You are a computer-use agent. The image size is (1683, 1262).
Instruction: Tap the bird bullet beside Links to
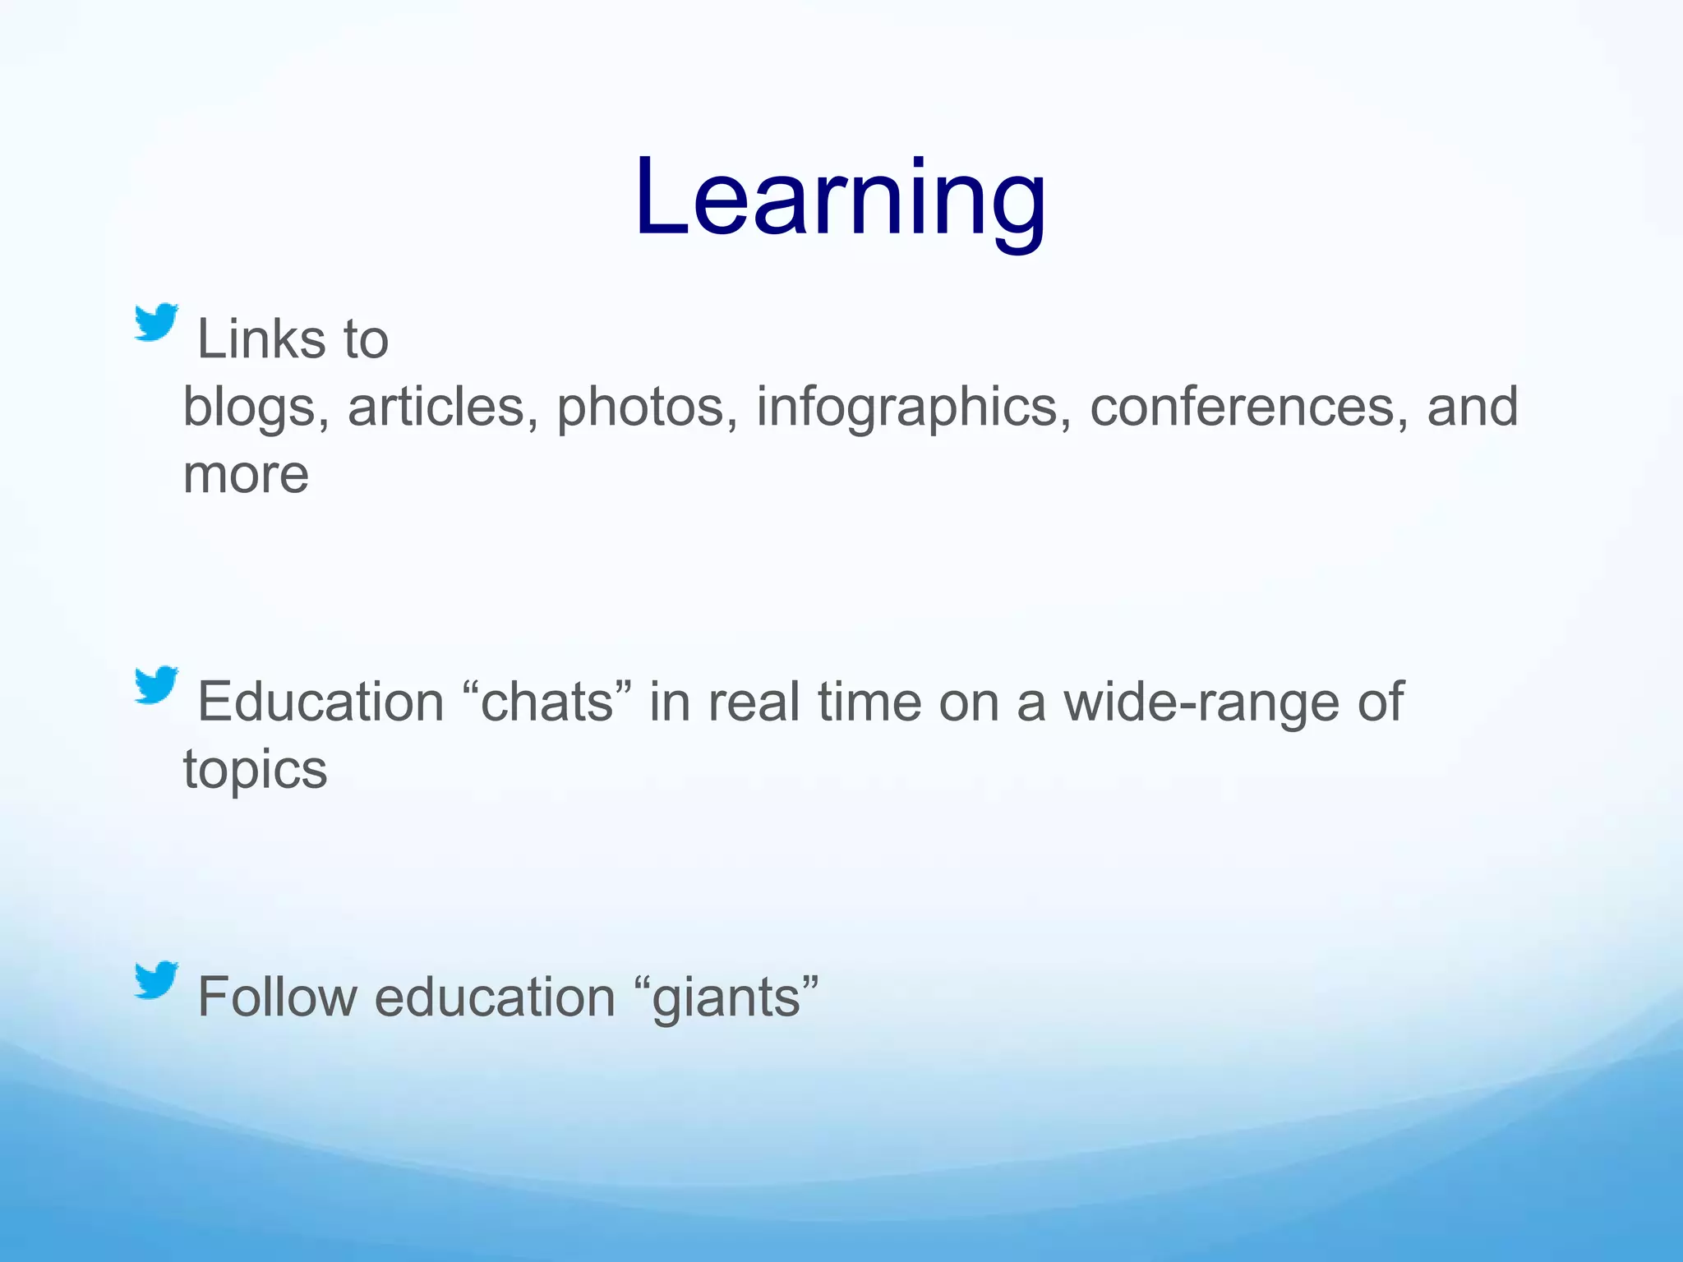156,322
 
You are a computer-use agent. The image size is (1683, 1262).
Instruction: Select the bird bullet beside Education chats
156,684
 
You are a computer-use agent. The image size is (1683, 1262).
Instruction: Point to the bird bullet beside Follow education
156,979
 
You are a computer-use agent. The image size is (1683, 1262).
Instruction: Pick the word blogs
250,408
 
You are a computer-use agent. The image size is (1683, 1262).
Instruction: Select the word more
246,475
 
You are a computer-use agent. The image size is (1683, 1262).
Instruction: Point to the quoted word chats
547,702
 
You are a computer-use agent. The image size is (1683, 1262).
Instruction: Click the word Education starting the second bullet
320,702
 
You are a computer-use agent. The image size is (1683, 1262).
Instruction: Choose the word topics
255,771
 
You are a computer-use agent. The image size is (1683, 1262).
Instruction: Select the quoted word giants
726,998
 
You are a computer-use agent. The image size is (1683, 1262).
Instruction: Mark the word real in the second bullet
754,702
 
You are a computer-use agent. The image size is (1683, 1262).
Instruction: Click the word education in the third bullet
495,997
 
